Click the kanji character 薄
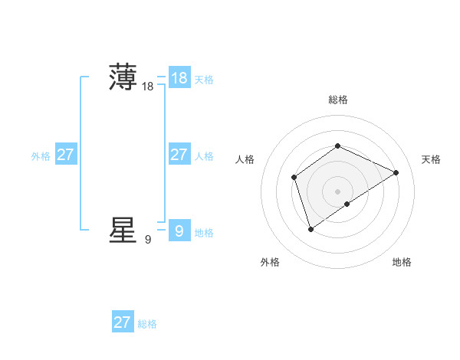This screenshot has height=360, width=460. tap(123, 77)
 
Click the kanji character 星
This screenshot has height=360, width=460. tap(123, 230)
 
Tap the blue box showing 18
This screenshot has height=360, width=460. tap(179, 77)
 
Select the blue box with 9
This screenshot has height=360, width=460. tap(179, 231)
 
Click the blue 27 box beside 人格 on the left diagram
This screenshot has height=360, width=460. tap(179, 155)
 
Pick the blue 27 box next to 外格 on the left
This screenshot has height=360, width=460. tap(66, 155)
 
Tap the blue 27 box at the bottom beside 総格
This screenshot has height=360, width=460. tap(123, 322)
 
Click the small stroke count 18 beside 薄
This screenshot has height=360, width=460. tap(147, 87)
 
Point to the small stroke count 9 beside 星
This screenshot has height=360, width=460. tap(147, 240)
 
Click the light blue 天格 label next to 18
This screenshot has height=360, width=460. tap(204, 80)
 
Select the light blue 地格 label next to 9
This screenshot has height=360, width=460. tap(204, 233)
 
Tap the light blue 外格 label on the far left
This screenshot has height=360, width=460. tap(41, 156)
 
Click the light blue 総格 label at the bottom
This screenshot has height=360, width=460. tap(147, 325)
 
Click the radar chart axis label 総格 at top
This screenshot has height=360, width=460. tap(337, 100)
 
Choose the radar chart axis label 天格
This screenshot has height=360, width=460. tap(431, 159)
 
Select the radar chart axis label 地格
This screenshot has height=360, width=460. tap(402, 262)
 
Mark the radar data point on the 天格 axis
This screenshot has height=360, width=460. tap(396, 172)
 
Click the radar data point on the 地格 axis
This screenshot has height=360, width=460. tap(347, 204)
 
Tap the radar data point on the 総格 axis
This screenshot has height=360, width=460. tap(337, 146)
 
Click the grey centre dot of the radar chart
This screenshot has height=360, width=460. tap(337, 191)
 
